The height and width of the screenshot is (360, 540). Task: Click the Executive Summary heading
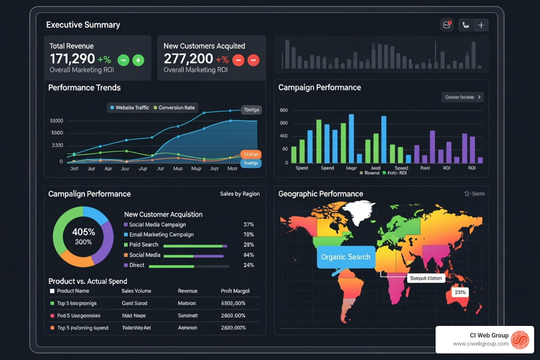(83, 25)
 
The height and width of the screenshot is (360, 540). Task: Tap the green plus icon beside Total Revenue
(138, 60)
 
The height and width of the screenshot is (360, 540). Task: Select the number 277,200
(188, 59)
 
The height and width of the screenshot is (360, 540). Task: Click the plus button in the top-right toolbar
(481, 25)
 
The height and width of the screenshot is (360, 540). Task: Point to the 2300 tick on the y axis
(57, 145)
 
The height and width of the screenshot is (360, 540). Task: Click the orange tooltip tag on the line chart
(251, 154)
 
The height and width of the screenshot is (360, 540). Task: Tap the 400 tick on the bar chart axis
(284, 136)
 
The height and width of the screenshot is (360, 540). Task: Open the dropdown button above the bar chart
(462, 97)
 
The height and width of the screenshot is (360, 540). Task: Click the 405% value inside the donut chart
(83, 232)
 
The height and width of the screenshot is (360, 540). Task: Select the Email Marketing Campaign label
(161, 234)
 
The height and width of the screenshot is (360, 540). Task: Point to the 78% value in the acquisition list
(249, 234)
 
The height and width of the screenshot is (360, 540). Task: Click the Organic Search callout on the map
(346, 257)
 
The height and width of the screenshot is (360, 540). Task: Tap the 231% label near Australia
(460, 292)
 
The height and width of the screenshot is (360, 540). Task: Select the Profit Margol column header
(235, 291)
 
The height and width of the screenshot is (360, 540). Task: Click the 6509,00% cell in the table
(233, 303)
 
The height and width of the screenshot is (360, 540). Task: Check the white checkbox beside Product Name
(52, 291)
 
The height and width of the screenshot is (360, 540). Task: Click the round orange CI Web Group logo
(520, 340)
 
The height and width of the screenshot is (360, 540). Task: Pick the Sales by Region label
(240, 194)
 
